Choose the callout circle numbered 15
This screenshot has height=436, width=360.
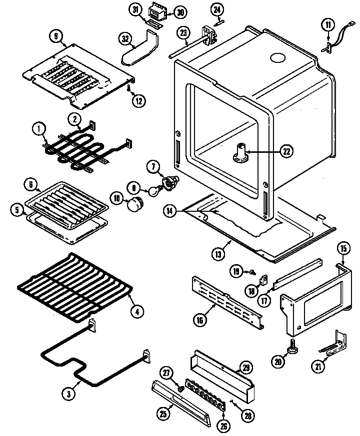[x=342, y=248]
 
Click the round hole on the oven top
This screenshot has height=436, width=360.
[x=276, y=58]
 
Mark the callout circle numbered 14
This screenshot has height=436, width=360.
[x=170, y=212]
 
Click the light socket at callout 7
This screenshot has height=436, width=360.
[x=171, y=182]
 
